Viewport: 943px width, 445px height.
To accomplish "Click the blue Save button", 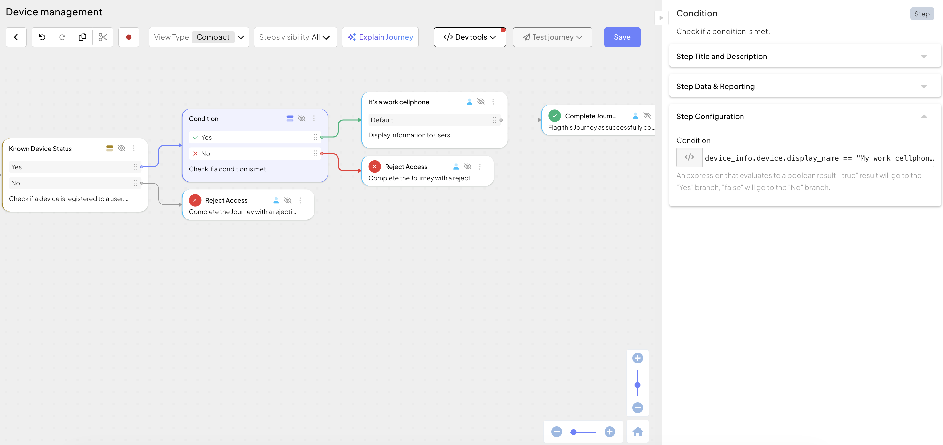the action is (x=622, y=37).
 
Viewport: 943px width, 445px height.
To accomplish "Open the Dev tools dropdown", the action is (x=470, y=37).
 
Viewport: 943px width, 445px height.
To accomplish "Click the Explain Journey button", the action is (x=380, y=37).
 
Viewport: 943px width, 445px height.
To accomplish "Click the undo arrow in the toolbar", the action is (x=42, y=37).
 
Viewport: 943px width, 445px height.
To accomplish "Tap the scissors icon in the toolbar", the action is (x=103, y=37).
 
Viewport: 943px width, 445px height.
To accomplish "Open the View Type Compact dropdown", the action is (x=199, y=37).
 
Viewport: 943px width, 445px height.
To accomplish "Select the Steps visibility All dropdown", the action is (x=295, y=37).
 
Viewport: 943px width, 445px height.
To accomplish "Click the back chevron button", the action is (x=16, y=37).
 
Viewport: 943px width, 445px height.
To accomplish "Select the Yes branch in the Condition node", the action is (x=254, y=137).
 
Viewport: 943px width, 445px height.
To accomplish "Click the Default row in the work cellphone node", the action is (x=434, y=120).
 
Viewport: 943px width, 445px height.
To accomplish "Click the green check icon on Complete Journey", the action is (x=555, y=116).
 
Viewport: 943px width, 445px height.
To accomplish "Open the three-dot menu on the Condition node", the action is (x=314, y=118).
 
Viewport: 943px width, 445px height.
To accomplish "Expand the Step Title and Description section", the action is (x=805, y=56).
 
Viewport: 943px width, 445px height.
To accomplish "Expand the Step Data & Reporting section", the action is (x=805, y=86).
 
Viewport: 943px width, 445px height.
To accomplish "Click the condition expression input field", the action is (x=819, y=158).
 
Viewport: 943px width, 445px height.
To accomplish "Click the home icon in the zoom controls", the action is (x=638, y=431).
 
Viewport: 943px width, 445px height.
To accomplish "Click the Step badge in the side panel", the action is (x=922, y=14).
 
